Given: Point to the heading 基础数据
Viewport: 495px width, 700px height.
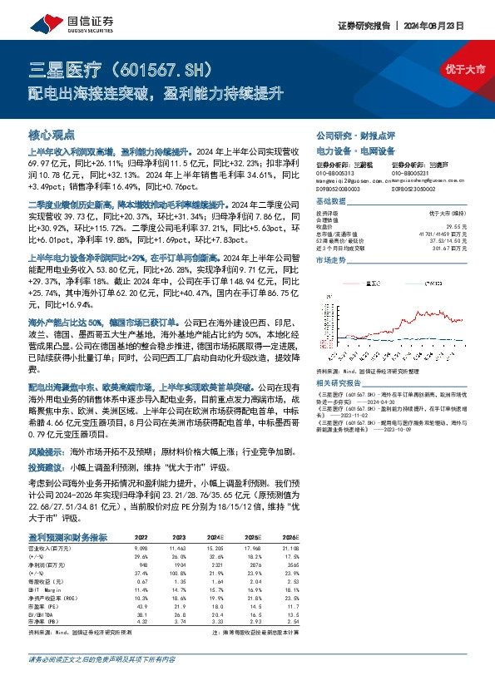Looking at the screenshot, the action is pos(329,201).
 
